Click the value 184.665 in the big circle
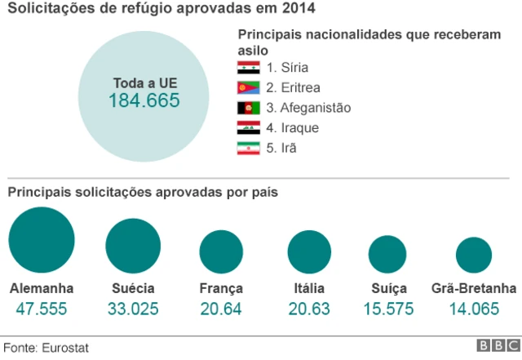(x=144, y=101)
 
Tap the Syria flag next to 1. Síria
(x=248, y=68)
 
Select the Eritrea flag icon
(x=248, y=88)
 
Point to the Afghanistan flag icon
(x=248, y=108)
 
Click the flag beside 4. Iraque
(x=248, y=128)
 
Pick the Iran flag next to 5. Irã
(x=248, y=149)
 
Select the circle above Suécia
(x=133, y=246)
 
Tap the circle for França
(x=221, y=251)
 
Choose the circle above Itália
(x=309, y=251)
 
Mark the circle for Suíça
(x=387, y=254)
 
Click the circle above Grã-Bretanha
(x=474, y=255)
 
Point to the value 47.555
(x=42, y=309)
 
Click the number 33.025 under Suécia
(x=133, y=309)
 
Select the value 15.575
(x=387, y=309)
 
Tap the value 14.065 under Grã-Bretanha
(x=474, y=309)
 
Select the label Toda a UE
(x=144, y=82)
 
